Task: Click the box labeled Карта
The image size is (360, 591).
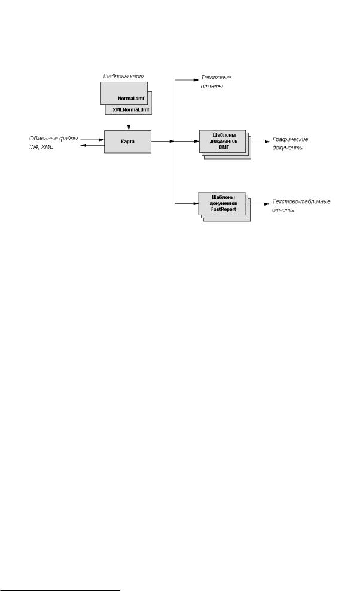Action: [x=127, y=142]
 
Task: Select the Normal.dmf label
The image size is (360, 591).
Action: [x=131, y=99]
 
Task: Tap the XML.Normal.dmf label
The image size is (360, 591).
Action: [x=131, y=110]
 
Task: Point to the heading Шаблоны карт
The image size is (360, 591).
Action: [x=123, y=76]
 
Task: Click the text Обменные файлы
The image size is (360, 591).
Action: [x=54, y=139]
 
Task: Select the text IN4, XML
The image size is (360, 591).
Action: [x=41, y=146]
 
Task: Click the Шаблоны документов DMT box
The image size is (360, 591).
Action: [x=222, y=142]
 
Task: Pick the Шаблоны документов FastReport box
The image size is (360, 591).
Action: [x=222, y=204]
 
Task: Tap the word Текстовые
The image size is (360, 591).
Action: [x=215, y=78]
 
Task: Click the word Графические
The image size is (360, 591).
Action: [x=290, y=139]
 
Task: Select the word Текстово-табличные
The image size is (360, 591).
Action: [x=301, y=201]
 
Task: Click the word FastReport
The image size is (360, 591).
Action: [x=224, y=209]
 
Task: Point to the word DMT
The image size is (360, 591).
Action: [x=224, y=147]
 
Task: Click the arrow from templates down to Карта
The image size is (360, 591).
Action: [x=129, y=123]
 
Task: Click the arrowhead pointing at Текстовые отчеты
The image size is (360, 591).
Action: [x=196, y=79]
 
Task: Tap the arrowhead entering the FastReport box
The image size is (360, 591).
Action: [x=196, y=204]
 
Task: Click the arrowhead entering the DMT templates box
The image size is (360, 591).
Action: [x=197, y=142]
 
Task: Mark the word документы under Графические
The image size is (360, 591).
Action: [x=288, y=148]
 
